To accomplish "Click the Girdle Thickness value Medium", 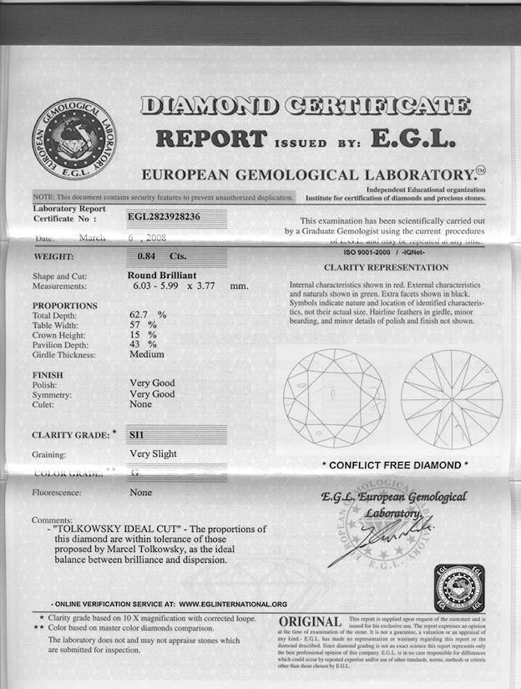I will click(147, 355).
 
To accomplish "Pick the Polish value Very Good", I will click(152, 383).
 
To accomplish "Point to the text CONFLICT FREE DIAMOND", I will click(395, 464).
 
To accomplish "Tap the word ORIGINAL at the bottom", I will click(310, 622).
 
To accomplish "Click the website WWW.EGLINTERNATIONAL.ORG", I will click(233, 603).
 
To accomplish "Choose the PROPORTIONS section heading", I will click(64, 306).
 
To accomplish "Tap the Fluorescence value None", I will click(141, 493).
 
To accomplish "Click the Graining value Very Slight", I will click(153, 454).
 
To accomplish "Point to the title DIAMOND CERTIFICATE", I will click(305, 106).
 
